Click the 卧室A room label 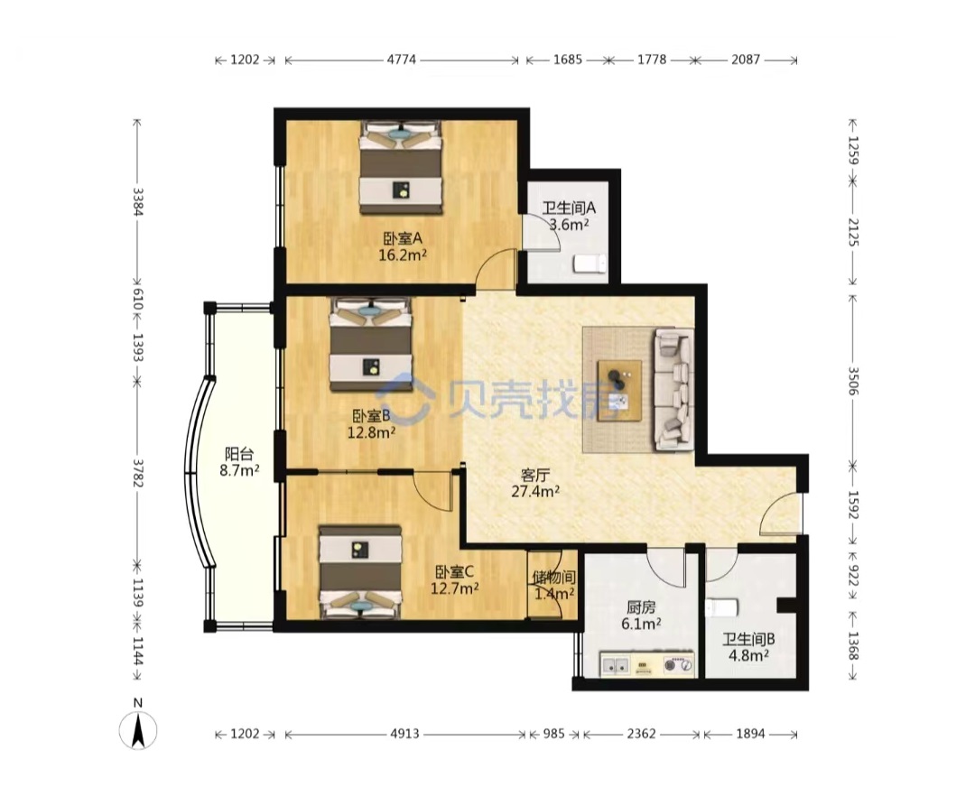pyautogui.click(x=403, y=238)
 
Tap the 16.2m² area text pyautogui.click(x=403, y=255)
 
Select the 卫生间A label pyautogui.click(x=569, y=208)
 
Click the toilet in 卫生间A pyautogui.click(x=589, y=264)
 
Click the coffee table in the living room pyautogui.click(x=619, y=391)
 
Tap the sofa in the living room pyautogui.click(x=673, y=388)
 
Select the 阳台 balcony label pyautogui.click(x=238, y=455)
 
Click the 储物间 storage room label pyautogui.click(x=553, y=578)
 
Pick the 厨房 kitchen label pyautogui.click(x=641, y=607)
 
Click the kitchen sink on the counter pyautogui.click(x=615, y=665)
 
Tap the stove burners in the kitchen pyautogui.click(x=678, y=664)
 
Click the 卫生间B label pyautogui.click(x=748, y=639)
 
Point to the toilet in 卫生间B pyautogui.click(x=721, y=606)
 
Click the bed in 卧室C pyautogui.click(x=360, y=572)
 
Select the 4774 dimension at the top pyautogui.click(x=402, y=60)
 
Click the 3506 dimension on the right pyautogui.click(x=852, y=381)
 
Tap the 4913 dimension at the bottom pyautogui.click(x=404, y=734)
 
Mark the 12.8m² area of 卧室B pyautogui.click(x=371, y=432)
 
